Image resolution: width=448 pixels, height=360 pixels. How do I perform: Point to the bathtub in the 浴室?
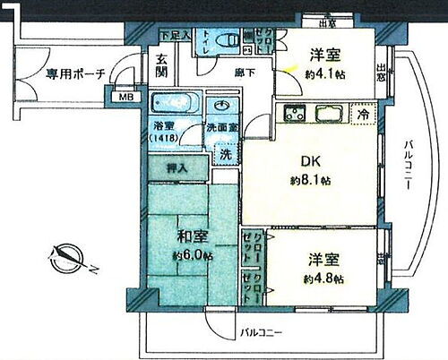(176, 103)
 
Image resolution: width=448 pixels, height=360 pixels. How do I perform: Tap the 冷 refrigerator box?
(362, 115)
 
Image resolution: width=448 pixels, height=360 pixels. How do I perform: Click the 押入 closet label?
(176, 168)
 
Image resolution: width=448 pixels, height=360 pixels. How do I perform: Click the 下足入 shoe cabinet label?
(175, 35)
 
